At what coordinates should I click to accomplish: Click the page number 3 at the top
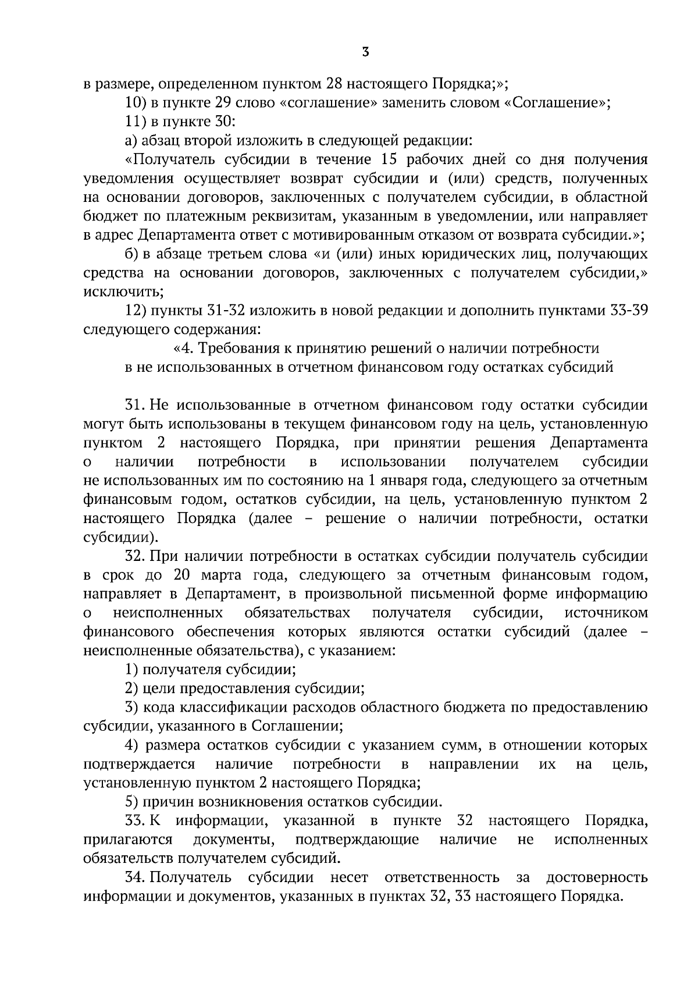tap(365, 52)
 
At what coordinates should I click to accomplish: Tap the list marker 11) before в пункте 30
tap(134, 122)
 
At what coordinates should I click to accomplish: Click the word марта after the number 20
tap(223, 575)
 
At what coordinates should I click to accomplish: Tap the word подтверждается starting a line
tap(139, 764)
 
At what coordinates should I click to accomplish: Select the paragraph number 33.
tap(135, 821)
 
